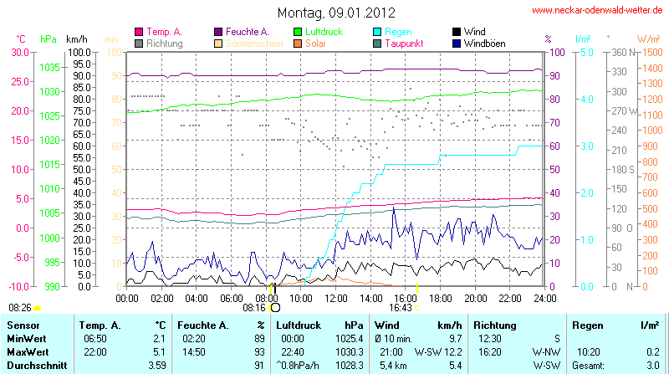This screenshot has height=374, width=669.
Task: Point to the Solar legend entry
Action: tap(316, 43)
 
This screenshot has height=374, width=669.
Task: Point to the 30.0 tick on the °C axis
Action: tap(18, 52)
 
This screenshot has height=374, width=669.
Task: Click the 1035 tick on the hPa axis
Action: tap(49, 67)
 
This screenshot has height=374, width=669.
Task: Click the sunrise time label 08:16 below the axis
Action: tap(253, 308)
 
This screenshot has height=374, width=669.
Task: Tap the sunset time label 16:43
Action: tap(401, 308)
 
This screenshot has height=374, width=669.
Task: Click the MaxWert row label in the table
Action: tap(27, 352)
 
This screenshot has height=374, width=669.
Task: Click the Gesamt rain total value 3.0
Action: tap(653, 366)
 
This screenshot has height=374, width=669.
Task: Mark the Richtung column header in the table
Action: tap(494, 324)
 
